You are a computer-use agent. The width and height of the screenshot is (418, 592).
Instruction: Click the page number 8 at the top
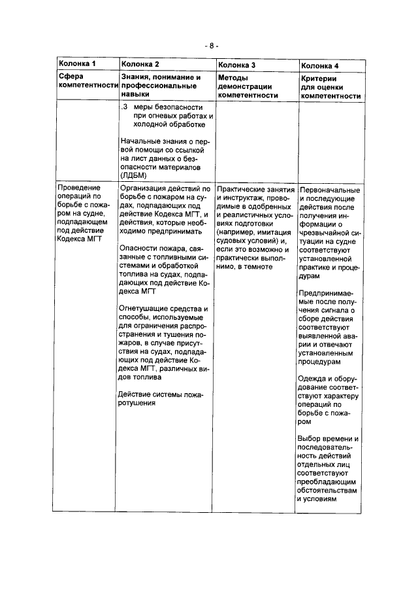click(209, 46)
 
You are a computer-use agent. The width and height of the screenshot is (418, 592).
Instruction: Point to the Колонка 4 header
click(320, 65)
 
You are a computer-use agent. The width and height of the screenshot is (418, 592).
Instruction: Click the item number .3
click(125, 107)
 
